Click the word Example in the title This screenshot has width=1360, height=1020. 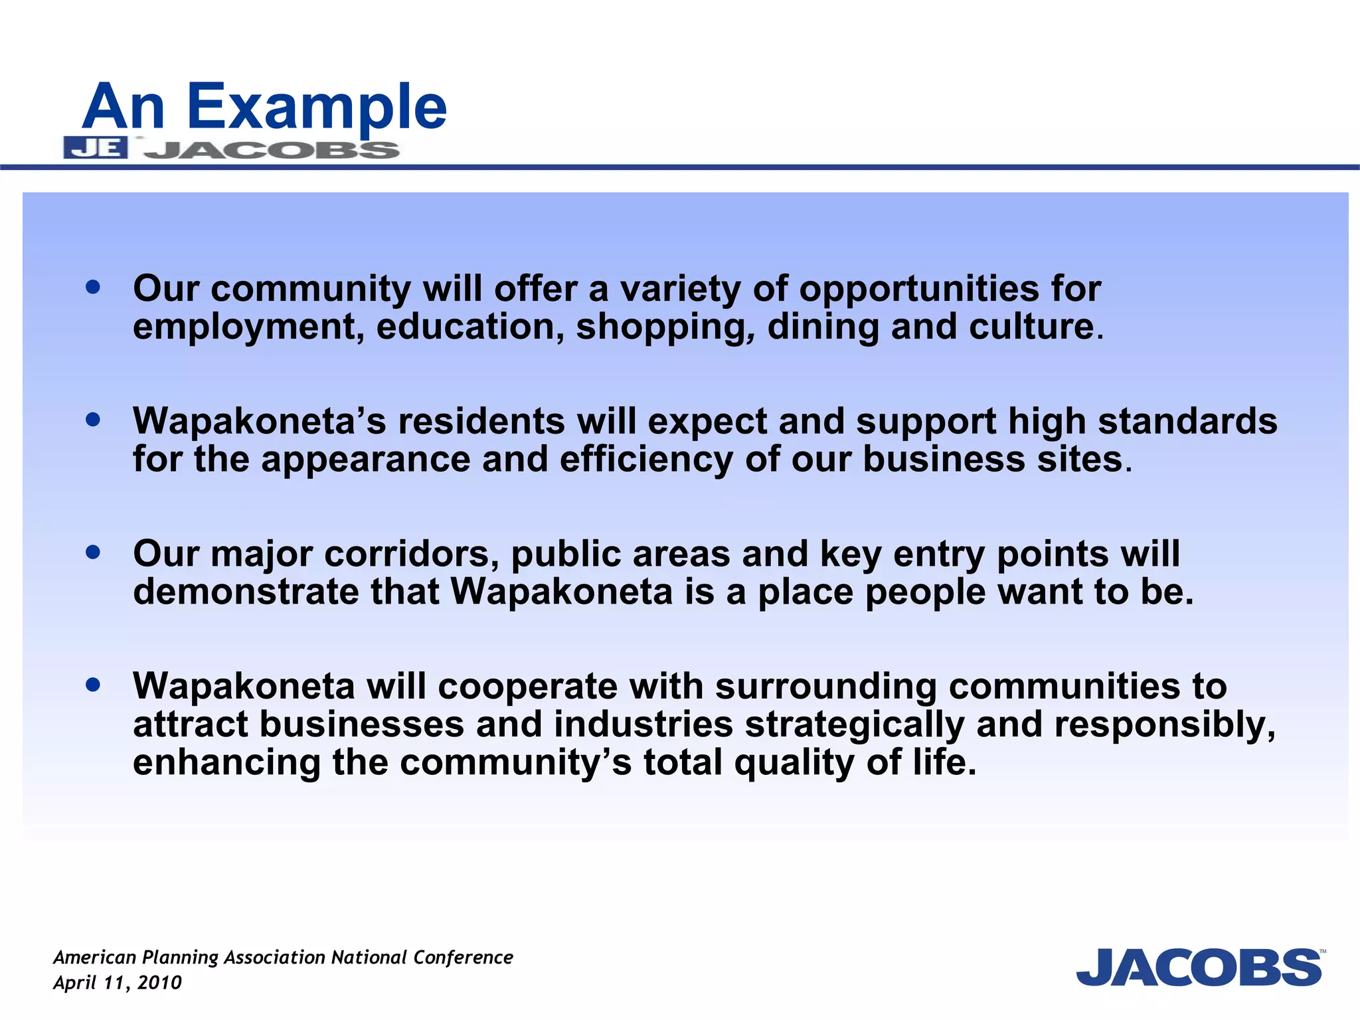click(317, 108)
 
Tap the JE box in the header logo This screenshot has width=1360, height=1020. click(95, 148)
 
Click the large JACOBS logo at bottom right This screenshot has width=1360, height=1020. click(1199, 968)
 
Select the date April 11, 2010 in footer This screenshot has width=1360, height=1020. click(118, 983)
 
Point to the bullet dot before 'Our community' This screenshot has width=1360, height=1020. click(93, 288)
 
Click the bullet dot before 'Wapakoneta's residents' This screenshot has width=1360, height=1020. click(93, 420)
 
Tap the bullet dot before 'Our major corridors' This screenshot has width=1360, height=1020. click(93, 552)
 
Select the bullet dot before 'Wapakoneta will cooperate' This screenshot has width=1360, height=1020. click(93, 684)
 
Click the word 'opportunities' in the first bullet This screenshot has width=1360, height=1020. click(919, 290)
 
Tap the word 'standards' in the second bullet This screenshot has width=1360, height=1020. click(1187, 421)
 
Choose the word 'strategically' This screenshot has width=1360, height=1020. click(855, 724)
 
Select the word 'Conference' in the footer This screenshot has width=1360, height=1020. click(463, 958)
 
